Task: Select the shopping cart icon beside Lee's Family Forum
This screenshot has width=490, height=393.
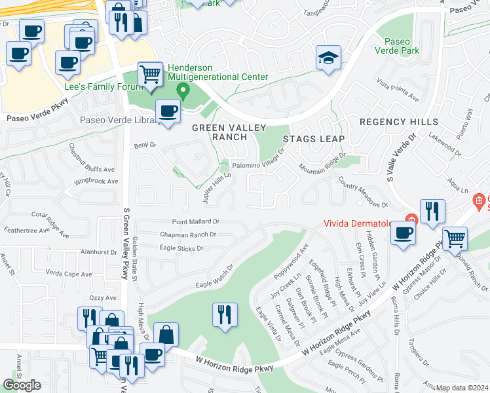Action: [x=150, y=73]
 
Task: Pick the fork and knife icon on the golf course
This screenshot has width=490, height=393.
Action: [x=225, y=314]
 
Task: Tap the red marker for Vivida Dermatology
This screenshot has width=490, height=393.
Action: [x=411, y=219]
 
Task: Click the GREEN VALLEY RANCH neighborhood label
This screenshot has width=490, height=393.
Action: [x=219, y=132]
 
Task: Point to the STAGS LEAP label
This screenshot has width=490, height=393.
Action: [x=314, y=139]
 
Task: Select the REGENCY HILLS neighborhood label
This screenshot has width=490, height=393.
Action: [x=399, y=122]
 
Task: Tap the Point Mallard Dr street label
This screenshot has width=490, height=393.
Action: [x=195, y=222]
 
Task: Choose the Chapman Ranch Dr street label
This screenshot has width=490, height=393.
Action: [x=188, y=234]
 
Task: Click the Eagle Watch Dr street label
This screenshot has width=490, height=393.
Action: [x=214, y=278]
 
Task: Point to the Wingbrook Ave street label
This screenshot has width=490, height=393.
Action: [x=96, y=181]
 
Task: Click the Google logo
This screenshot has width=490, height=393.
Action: [x=22, y=385]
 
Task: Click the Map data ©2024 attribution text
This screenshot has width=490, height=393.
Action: [x=462, y=388]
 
